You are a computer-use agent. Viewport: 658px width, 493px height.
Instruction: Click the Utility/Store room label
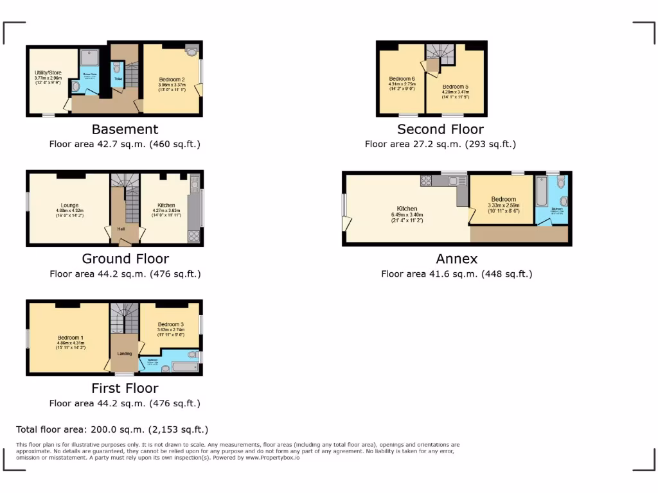(48, 73)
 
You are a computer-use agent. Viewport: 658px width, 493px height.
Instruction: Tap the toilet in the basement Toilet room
(117, 67)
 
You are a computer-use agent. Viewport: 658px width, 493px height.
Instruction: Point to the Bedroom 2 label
(172, 80)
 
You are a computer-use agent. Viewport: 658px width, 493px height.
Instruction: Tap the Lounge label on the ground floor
(70, 206)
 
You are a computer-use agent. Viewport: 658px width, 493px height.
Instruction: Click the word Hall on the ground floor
(121, 229)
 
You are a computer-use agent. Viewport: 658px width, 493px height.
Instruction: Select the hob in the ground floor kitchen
(193, 236)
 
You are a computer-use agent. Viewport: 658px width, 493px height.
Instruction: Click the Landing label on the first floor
(124, 353)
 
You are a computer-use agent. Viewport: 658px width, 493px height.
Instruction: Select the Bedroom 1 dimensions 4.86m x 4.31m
(70, 343)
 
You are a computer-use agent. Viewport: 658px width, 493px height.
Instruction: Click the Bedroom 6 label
(402, 79)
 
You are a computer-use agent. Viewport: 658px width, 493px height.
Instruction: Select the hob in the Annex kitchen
(426, 180)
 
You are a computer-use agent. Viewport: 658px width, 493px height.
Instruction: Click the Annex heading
(456, 259)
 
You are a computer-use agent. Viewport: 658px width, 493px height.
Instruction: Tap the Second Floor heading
(440, 130)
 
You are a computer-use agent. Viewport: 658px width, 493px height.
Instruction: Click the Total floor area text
(112, 429)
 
